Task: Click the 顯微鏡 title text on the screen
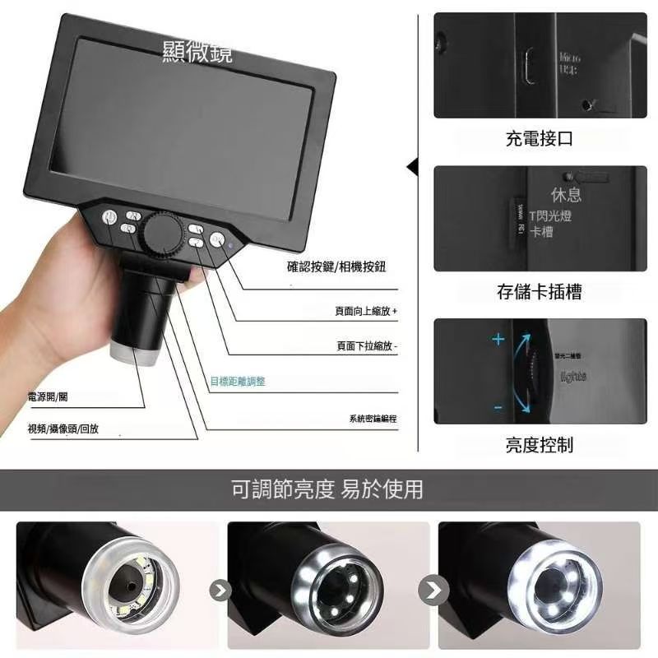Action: click(x=197, y=53)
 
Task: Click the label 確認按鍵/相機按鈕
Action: click(x=336, y=266)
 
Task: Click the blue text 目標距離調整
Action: click(x=238, y=382)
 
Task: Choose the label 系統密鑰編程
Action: click(x=373, y=419)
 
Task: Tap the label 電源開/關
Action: click(x=48, y=397)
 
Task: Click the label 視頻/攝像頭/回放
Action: click(x=63, y=429)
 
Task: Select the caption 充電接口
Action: click(x=539, y=138)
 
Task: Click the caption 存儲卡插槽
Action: click(x=539, y=291)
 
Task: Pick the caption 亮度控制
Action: click(x=539, y=445)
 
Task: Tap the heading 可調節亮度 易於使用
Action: click(x=327, y=489)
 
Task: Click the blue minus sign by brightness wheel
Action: click(x=498, y=406)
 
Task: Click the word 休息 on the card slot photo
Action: click(x=567, y=195)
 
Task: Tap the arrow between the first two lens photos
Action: click(x=220, y=589)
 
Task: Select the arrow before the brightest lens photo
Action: click(x=433, y=589)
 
